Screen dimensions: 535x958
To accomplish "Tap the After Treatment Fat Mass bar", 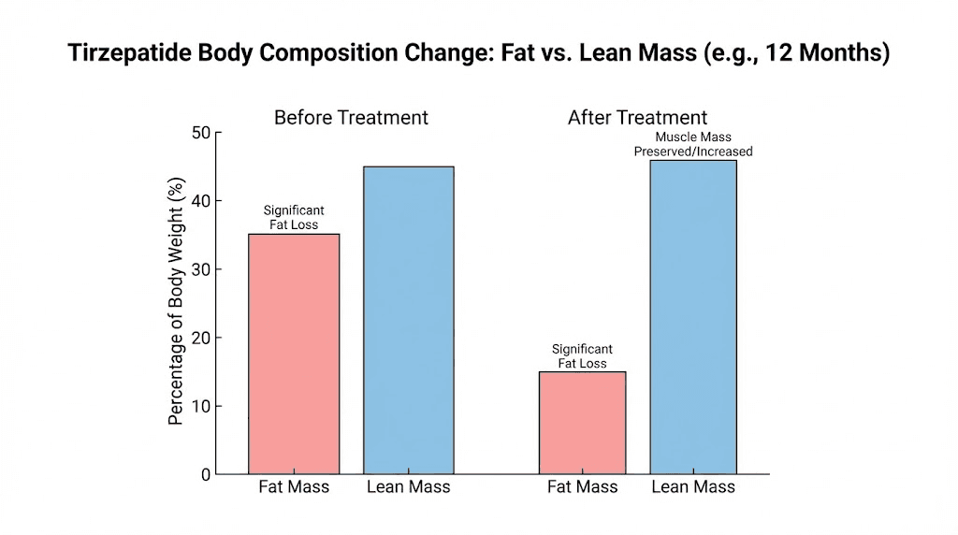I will (582, 423).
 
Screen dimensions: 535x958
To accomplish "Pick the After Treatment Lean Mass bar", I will (693, 317).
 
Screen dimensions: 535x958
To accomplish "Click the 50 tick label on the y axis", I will (201, 133).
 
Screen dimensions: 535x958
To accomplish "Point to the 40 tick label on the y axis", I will (201, 201).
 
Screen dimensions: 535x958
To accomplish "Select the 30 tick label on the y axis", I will (201, 269).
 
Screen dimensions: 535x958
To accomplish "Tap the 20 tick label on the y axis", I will (201, 338).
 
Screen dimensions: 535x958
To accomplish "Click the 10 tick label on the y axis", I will (201, 406).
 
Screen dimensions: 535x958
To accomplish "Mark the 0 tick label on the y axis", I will (206, 474).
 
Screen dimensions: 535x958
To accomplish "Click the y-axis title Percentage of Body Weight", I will (175, 303).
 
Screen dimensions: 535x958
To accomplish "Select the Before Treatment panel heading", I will (351, 118).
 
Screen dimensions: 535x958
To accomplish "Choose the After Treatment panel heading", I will (637, 118).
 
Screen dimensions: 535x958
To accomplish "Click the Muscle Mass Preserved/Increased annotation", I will (692, 144).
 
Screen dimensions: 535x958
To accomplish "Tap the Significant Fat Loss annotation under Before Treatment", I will (294, 218).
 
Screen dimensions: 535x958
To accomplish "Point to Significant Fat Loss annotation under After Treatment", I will (582, 356).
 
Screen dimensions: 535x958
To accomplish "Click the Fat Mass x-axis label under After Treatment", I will (582, 486).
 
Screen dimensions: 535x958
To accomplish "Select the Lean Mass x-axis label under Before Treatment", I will (408, 486).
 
